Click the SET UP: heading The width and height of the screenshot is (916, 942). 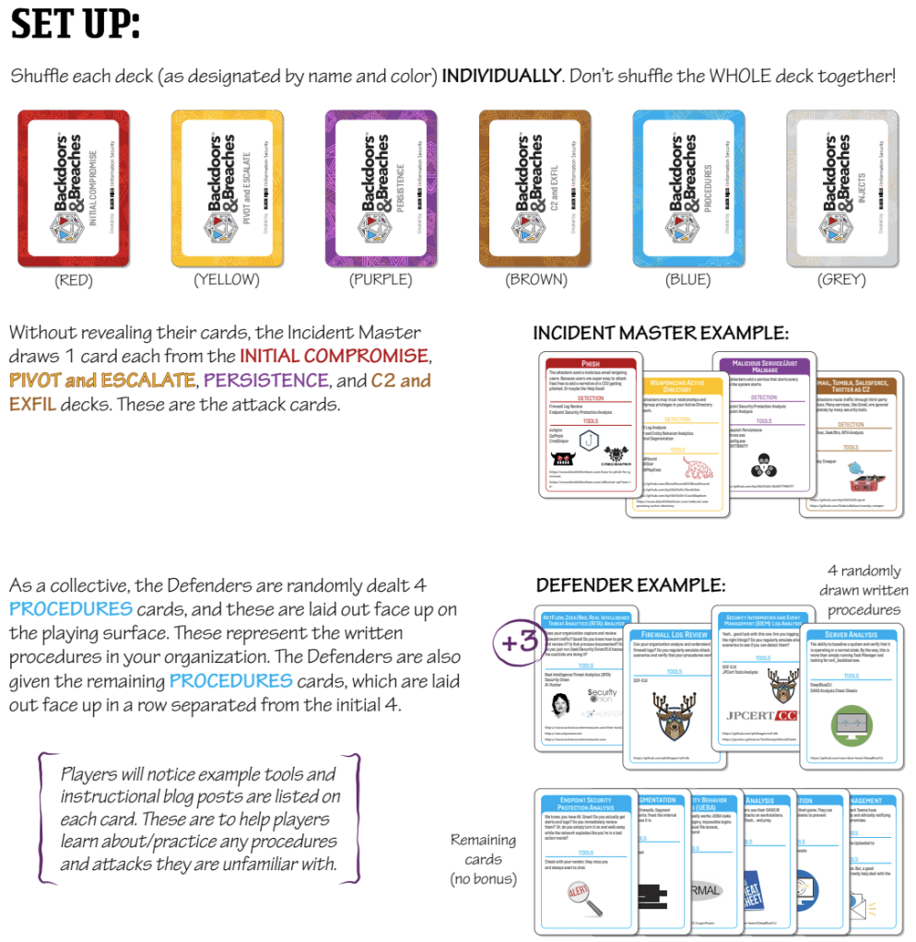pos(76,25)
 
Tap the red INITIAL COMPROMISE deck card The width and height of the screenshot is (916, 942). pos(74,188)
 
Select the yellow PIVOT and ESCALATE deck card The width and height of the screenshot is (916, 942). pos(228,188)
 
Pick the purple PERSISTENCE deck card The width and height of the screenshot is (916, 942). pos(381,188)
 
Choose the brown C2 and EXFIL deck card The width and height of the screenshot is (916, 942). pos(534,188)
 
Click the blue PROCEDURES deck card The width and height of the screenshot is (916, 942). pos(688,188)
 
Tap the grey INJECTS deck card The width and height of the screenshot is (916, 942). pos(841,188)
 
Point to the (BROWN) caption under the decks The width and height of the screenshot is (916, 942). pos(535,279)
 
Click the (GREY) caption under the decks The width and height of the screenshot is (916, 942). pos(841,279)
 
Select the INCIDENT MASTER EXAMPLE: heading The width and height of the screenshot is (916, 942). pos(661,332)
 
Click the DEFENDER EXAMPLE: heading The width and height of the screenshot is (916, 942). pos(630,585)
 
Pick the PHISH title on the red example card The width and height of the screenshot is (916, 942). pos(591,364)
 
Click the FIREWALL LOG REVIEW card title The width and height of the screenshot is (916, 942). pos(675,635)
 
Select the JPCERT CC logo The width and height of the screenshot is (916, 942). pos(760,715)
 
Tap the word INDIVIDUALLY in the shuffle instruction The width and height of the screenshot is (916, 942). pos(501,76)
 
